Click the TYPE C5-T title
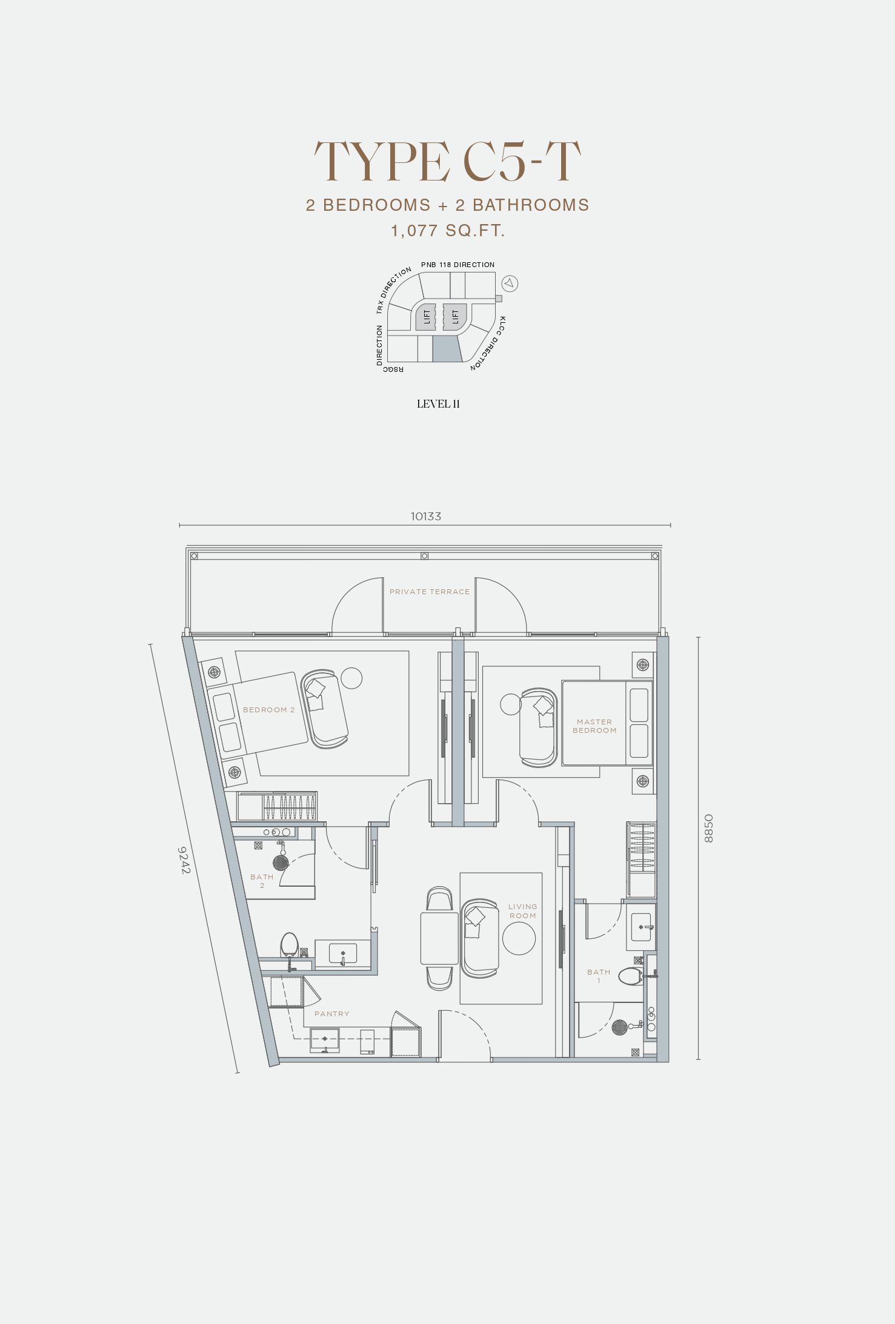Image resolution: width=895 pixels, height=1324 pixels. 447,162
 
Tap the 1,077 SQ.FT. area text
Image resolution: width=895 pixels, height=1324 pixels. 448,231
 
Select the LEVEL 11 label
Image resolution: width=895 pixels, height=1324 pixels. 438,404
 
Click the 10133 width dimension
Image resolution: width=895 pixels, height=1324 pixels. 426,516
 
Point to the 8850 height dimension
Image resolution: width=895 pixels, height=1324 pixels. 709,829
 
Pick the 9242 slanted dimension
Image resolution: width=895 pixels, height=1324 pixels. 184,860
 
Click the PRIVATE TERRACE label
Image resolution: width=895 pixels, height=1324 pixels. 430,592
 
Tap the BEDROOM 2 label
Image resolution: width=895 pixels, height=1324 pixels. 268,710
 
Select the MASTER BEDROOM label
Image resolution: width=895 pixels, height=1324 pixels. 594,726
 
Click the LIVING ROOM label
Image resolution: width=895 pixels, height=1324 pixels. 522,912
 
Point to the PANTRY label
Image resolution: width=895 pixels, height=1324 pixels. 332,1014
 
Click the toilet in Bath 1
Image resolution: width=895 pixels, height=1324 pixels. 631,976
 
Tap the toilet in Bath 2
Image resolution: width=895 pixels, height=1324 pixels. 289,945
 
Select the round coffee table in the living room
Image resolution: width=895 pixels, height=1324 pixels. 519,938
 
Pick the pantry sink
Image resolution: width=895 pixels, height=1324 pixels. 325,1039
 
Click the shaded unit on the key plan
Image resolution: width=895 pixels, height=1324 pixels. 447,349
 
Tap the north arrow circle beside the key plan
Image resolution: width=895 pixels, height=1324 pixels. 510,283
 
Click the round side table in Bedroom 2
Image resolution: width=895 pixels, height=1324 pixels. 351,678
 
